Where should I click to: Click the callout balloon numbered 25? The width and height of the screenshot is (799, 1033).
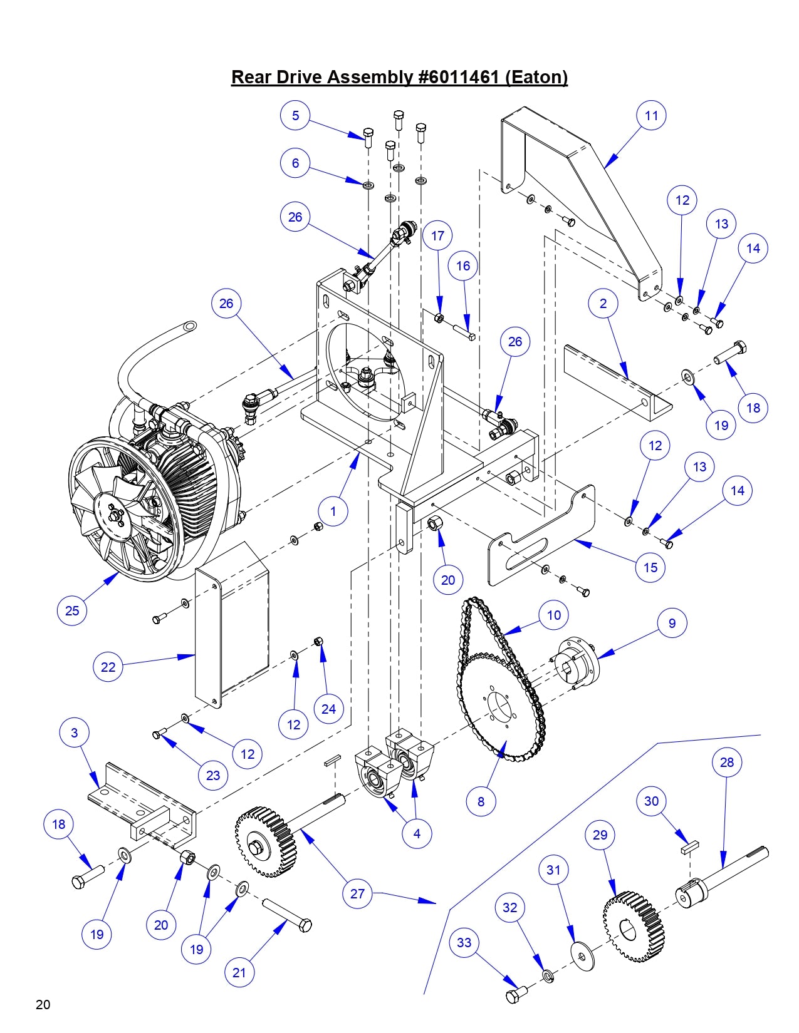[72, 610]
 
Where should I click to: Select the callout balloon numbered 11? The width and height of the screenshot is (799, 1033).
[651, 115]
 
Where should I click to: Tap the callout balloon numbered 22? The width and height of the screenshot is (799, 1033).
[108, 667]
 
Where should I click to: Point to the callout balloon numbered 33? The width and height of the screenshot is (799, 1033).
[464, 943]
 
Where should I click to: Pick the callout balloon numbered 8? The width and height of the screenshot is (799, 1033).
[481, 801]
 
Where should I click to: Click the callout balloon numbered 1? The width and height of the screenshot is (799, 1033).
[333, 511]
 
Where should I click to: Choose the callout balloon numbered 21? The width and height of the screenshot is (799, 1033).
[239, 972]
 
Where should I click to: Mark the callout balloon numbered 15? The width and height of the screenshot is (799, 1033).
[650, 567]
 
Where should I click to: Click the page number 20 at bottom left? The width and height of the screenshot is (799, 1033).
[43, 1005]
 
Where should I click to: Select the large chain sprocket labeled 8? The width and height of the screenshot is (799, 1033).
[501, 707]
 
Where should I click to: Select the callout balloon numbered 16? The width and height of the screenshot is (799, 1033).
[462, 266]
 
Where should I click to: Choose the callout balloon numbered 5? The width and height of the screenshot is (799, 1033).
[295, 115]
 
